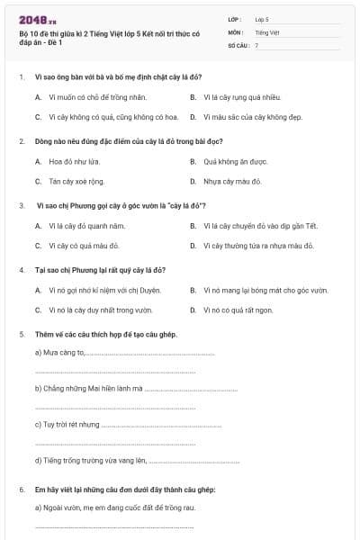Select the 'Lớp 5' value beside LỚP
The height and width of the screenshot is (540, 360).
(262, 18)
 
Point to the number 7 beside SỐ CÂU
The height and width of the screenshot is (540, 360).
(256, 45)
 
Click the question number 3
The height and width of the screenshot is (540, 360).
(21, 206)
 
